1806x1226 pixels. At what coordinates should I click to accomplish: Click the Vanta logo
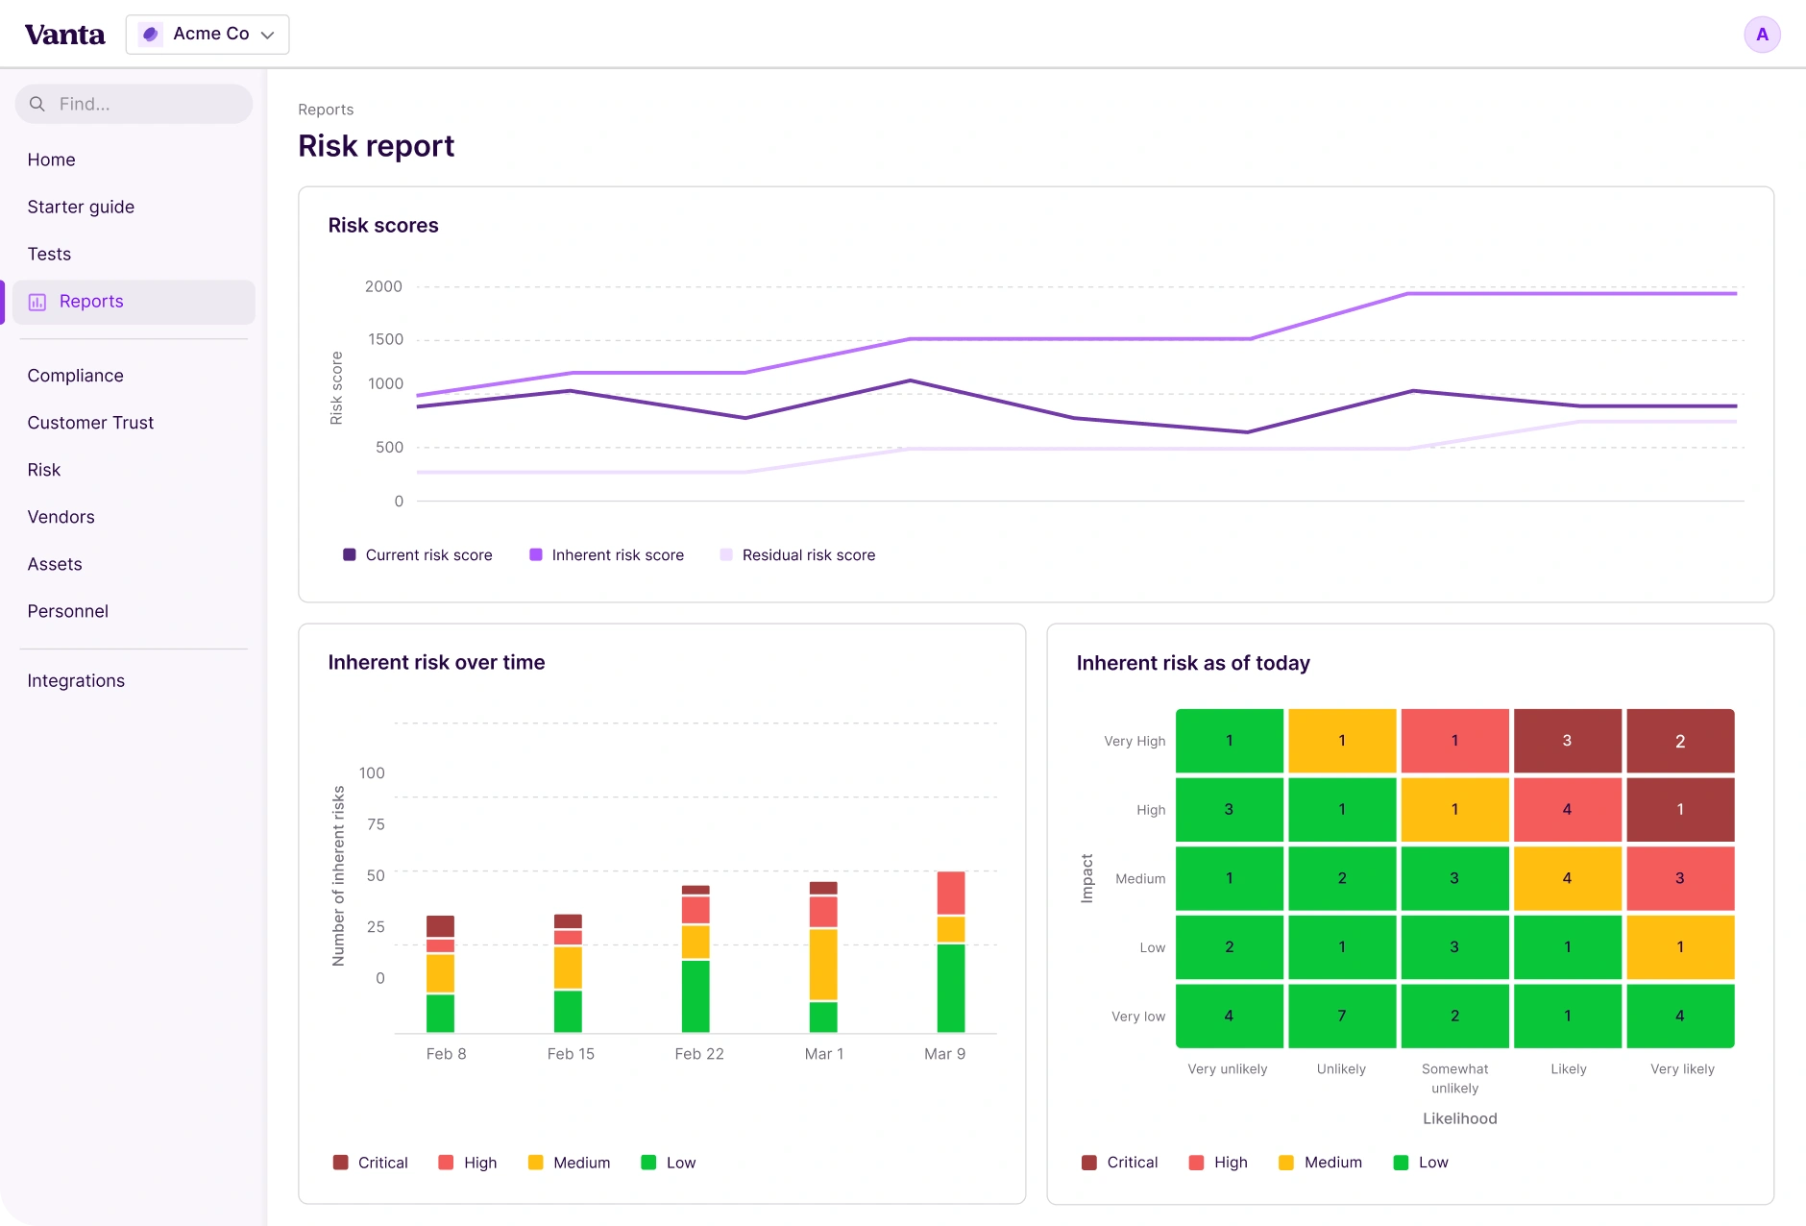(64, 35)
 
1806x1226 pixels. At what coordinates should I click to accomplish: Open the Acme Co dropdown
(207, 35)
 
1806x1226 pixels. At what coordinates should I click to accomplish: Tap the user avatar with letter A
(1762, 35)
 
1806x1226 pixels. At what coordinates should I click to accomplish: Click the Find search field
(134, 104)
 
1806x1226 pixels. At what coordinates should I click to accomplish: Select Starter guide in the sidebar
(81, 207)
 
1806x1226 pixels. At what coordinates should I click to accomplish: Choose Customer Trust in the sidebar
(90, 423)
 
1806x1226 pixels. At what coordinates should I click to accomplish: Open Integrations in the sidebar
(76, 680)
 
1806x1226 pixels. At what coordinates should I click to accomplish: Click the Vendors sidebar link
(61, 517)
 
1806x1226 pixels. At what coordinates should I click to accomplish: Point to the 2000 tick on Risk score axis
(383, 286)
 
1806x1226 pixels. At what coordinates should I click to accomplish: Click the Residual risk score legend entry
(797, 555)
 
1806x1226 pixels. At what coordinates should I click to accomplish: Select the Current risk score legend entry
(418, 555)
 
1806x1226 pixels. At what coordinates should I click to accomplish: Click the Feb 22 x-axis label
(699, 1054)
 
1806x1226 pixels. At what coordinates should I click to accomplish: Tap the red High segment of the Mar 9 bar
(951, 893)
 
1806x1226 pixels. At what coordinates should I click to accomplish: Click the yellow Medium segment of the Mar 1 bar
(823, 964)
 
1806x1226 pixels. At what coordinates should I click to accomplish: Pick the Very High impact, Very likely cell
(1680, 741)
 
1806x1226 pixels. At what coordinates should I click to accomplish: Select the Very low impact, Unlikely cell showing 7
(1342, 1016)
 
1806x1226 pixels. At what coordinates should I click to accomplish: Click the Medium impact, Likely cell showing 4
(1568, 878)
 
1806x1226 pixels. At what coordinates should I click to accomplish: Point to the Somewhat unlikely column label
(1455, 1078)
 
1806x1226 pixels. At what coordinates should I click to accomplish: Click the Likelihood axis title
(1460, 1118)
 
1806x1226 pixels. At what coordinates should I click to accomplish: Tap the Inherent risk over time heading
(436, 662)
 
